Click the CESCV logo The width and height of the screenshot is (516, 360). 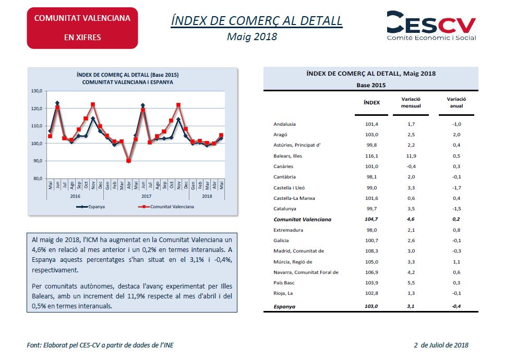(x=431, y=26)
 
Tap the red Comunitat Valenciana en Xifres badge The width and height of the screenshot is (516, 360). (x=82, y=28)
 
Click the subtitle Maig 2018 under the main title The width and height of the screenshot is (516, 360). (x=252, y=37)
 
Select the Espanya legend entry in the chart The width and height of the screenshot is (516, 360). (x=90, y=207)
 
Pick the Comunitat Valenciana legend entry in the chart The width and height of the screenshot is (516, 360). (x=166, y=207)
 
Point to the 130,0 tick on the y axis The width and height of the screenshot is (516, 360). (x=37, y=91)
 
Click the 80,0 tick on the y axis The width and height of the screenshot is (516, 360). (x=38, y=178)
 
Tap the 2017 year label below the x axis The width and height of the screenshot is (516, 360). (x=147, y=196)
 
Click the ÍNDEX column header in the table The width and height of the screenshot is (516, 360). (x=371, y=103)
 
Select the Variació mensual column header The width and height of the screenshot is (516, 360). (x=411, y=102)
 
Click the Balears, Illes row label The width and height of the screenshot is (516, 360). (x=287, y=156)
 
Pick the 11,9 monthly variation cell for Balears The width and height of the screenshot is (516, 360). (x=411, y=156)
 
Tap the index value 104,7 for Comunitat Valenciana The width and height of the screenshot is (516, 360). (x=371, y=219)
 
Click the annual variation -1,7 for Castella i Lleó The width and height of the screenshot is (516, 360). (x=457, y=188)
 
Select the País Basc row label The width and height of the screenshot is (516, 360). (x=284, y=283)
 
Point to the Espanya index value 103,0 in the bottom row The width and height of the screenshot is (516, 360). (x=371, y=306)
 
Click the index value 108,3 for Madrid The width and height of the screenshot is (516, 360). (x=371, y=251)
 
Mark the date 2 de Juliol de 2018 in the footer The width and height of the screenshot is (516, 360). (x=441, y=345)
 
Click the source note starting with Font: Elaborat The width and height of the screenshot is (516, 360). (x=100, y=345)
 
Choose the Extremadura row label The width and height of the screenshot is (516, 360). (x=289, y=230)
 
